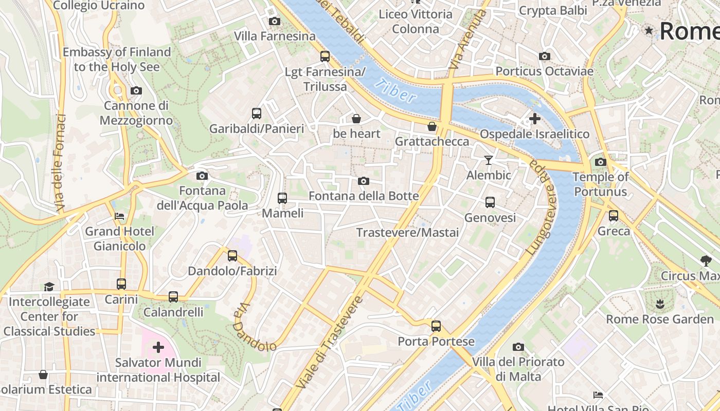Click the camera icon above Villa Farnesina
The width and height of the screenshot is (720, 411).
pyautogui.click(x=275, y=21)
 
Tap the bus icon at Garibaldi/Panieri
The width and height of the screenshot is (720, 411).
pyautogui.click(x=256, y=113)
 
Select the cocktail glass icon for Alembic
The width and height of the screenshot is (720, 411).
pyautogui.click(x=489, y=160)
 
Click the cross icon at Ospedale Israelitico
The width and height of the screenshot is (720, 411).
pyautogui.click(x=534, y=119)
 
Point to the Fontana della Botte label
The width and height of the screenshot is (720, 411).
pyautogui.click(x=364, y=196)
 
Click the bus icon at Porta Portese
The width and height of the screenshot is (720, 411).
pyautogui.click(x=436, y=326)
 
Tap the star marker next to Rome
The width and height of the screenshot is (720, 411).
pyautogui.click(x=649, y=31)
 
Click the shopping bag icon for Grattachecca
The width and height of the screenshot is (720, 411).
pyautogui.click(x=432, y=126)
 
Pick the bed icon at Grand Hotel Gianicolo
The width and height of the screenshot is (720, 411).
pyautogui.click(x=119, y=216)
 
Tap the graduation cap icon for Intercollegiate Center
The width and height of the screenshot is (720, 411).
pyautogui.click(x=49, y=286)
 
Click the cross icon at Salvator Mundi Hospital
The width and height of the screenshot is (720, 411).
pyautogui.click(x=158, y=347)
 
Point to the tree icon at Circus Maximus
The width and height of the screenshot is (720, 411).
pyautogui.click(x=706, y=260)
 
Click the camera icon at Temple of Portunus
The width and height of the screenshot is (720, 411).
pyautogui.click(x=600, y=162)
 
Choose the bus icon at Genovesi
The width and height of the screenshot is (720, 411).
pyautogui.click(x=490, y=202)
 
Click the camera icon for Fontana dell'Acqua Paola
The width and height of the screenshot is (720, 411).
pyautogui.click(x=202, y=176)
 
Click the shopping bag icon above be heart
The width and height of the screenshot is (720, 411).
pyautogui.click(x=356, y=119)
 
